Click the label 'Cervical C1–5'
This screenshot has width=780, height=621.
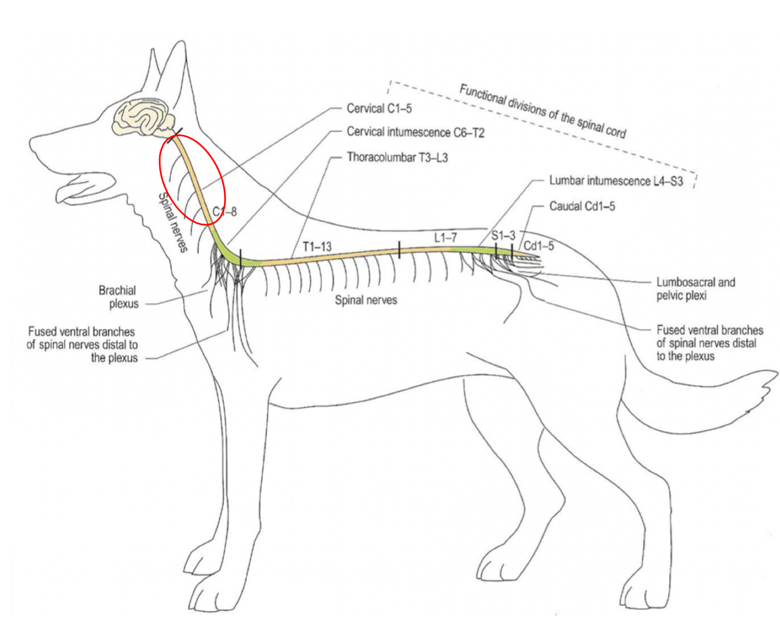[379, 108]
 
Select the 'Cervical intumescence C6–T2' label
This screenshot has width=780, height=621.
[415, 132]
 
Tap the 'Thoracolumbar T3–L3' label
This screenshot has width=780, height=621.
[397, 158]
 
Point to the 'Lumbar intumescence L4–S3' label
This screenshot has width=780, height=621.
[616, 181]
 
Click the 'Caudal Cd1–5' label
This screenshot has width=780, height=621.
[582, 206]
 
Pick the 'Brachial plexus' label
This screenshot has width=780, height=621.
[118, 297]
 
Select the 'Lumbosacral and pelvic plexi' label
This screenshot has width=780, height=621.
[696, 289]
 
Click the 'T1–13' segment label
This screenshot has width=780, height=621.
[317, 246]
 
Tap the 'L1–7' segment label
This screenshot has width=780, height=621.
[446, 238]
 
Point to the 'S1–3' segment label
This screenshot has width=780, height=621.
[504, 235]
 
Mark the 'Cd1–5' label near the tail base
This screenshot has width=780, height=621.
[539, 246]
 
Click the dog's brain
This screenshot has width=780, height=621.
[143, 117]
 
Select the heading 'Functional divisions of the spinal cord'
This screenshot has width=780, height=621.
[543, 110]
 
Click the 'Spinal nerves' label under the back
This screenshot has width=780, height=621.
[366, 300]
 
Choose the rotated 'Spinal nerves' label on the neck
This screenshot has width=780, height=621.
[173, 222]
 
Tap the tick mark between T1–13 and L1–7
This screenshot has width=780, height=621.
[399, 250]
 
